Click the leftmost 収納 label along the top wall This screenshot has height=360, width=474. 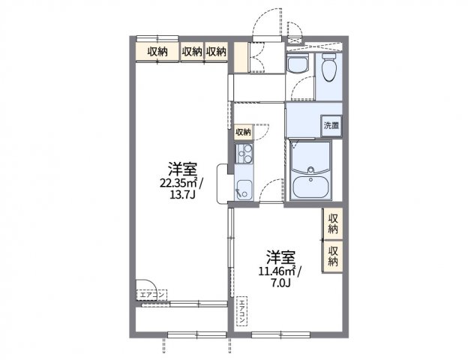tap(157, 51)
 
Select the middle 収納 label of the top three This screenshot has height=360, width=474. tap(192, 51)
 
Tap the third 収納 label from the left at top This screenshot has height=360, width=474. tap(216, 51)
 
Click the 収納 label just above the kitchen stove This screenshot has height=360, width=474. tap(243, 132)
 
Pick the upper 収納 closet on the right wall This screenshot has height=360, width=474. tap(333, 223)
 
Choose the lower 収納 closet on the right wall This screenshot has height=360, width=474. tap(333, 256)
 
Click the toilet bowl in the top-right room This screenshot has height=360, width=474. tap(328, 70)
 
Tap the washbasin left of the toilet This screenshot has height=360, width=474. tap(298, 66)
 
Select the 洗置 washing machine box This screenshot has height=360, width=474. tap(331, 126)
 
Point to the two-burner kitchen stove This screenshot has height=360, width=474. tap(244, 156)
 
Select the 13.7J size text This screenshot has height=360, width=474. tap(181, 196)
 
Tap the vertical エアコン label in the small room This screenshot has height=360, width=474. tap(243, 311)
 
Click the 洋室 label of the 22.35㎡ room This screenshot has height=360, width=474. tap(181, 168)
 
